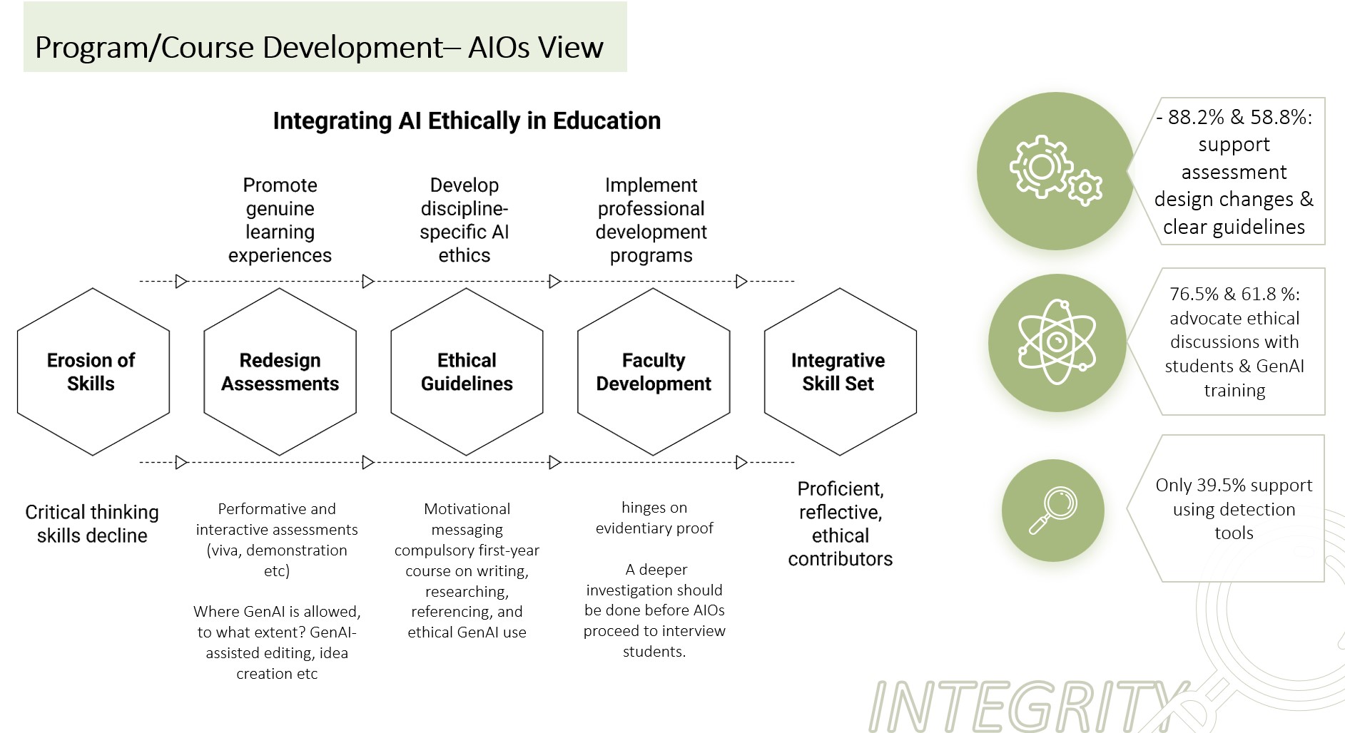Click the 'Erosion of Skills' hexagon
pos(93,371)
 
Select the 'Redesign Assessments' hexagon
pos(280,371)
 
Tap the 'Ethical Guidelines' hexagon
pos(467,371)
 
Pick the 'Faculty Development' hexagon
pos(654,371)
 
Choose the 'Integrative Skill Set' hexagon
pos(840,371)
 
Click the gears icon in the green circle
pos(1055,170)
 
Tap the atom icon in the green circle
pos(1057,342)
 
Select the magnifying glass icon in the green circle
pos(1052,511)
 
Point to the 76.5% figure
pos(1194,294)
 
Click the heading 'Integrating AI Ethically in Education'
pos(467,121)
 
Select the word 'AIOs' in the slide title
pos(499,48)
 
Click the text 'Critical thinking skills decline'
pos(92,523)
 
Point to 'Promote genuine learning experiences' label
pos(280,220)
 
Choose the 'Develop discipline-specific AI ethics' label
pos(465,220)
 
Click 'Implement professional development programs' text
pos(651,220)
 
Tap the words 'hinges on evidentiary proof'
pos(654,518)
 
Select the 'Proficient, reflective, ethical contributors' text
pos(840,523)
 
